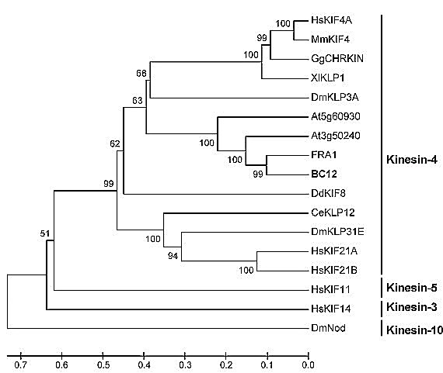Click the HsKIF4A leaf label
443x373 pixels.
(331, 20)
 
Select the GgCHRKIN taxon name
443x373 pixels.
(337, 59)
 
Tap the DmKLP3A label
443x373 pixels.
(335, 97)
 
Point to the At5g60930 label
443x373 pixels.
(336, 116)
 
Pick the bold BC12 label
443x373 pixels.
(324, 174)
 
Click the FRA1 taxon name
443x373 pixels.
(324, 155)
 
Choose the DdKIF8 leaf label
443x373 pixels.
(328, 193)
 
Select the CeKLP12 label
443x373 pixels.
(333, 212)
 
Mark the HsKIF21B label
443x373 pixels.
(334, 270)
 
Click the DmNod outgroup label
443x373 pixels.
(328, 328)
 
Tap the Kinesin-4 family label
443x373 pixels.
(412, 160)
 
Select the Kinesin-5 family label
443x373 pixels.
(412, 288)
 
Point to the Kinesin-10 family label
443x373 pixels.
(414, 330)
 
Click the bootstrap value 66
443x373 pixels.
(141, 74)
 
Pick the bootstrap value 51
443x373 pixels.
(44, 233)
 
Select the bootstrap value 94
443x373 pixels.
(173, 256)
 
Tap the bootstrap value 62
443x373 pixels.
(115, 143)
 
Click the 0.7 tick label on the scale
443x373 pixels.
(21, 365)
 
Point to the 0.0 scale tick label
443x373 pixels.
(308, 365)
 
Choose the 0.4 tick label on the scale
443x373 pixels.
(144, 365)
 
